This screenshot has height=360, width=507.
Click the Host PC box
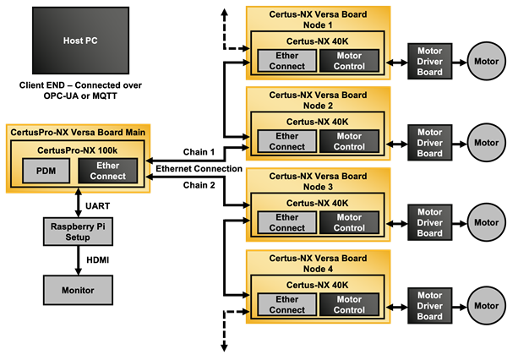[80, 41]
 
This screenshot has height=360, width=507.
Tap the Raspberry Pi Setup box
[78, 232]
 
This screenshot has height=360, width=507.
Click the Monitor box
[78, 290]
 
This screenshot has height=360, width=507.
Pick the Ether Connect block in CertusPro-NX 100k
[107, 171]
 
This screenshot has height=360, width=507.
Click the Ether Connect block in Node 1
[286, 60]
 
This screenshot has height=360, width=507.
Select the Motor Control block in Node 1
[349, 60]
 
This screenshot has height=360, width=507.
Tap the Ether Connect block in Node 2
[286, 141]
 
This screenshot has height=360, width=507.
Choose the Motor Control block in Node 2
[349, 141]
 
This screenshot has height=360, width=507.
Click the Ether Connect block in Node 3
[286, 222]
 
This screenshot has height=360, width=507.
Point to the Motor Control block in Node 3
[349, 222]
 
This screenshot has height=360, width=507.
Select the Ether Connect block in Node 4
[286, 304]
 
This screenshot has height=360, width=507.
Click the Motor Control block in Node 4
[349, 304]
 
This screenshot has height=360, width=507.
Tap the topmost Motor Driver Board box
[429, 61]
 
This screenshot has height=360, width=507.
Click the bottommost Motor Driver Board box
[429, 305]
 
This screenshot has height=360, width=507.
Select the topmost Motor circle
[486, 61]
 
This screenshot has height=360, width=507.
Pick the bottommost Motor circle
[486, 305]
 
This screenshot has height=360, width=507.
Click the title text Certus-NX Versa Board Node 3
[318, 181]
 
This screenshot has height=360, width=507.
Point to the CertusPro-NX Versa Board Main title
[78, 132]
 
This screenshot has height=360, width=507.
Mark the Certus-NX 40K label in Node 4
[318, 284]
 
